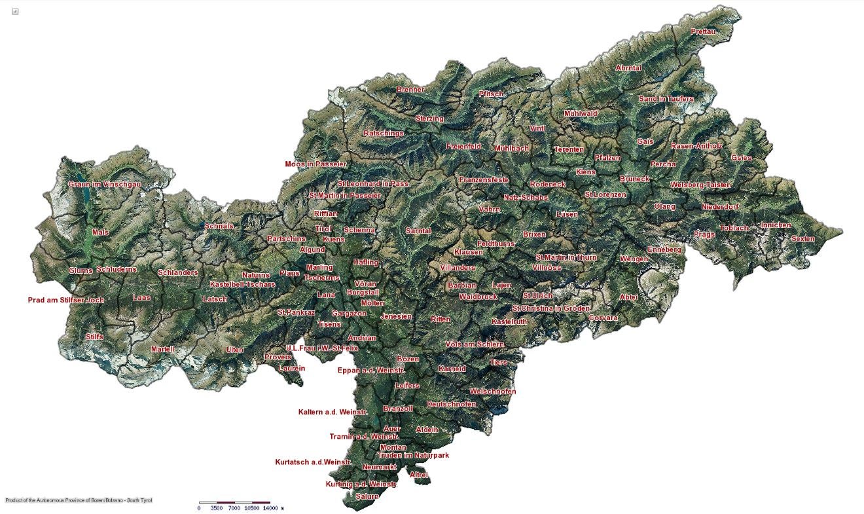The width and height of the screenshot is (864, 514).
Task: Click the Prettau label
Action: (703, 31)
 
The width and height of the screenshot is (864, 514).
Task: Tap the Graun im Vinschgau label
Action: (105, 185)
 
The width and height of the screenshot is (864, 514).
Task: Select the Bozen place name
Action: (408, 359)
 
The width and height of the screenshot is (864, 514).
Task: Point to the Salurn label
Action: (367, 496)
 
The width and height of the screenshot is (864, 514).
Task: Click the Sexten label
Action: (802, 239)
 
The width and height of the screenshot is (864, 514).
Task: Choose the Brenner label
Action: (410, 89)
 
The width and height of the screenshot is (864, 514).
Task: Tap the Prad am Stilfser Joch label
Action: (66, 301)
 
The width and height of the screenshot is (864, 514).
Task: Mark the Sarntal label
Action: (418, 231)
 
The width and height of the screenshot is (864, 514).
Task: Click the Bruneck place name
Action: (634, 179)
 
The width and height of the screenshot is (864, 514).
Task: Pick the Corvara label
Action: (603, 318)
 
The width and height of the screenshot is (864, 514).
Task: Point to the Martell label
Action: (162, 349)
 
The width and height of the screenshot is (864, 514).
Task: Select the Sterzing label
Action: (429, 119)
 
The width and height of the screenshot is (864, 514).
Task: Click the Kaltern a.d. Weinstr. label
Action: (333, 412)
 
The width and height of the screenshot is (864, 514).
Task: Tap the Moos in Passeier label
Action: (315, 164)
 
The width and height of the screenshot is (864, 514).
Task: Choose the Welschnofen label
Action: (493, 392)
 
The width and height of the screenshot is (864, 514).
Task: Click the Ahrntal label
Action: (628, 68)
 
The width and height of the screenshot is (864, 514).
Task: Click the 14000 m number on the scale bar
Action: (272, 507)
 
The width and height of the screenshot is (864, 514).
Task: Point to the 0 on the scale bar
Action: (199, 507)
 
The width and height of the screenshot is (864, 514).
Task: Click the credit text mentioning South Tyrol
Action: (79, 500)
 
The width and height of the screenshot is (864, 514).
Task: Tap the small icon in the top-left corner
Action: (15, 11)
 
